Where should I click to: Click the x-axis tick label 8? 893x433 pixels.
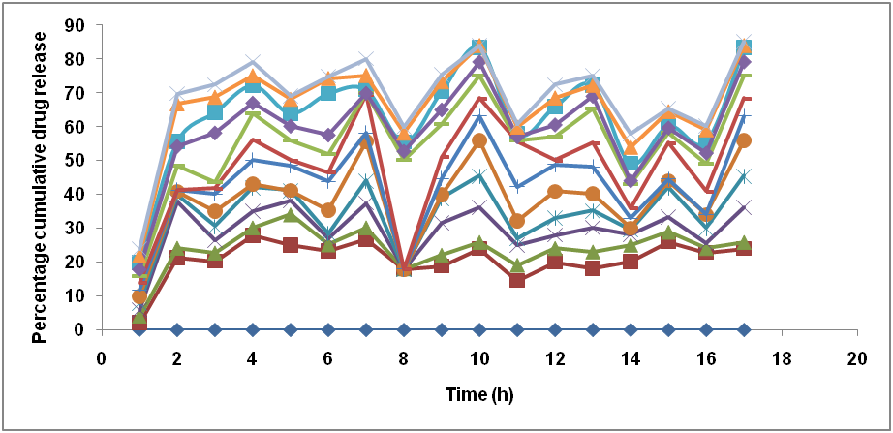tap(404, 356)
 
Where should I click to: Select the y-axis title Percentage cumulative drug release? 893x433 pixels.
tap(41, 179)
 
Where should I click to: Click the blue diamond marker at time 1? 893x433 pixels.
tap(139, 329)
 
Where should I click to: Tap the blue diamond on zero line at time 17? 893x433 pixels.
tap(744, 329)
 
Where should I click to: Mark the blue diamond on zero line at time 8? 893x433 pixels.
tap(404, 329)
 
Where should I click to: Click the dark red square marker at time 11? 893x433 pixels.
tap(517, 280)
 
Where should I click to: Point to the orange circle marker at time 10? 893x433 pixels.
tap(479, 140)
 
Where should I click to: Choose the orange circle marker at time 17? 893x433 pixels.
tap(744, 140)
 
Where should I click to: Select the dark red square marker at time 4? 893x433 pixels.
tap(253, 235)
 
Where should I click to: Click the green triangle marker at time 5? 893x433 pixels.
tap(291, 215)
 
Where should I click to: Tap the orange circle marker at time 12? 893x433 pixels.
tap(555, 192)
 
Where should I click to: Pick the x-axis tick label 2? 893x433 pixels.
tap(177, 356)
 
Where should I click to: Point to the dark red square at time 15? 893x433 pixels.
tap(668, 241)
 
